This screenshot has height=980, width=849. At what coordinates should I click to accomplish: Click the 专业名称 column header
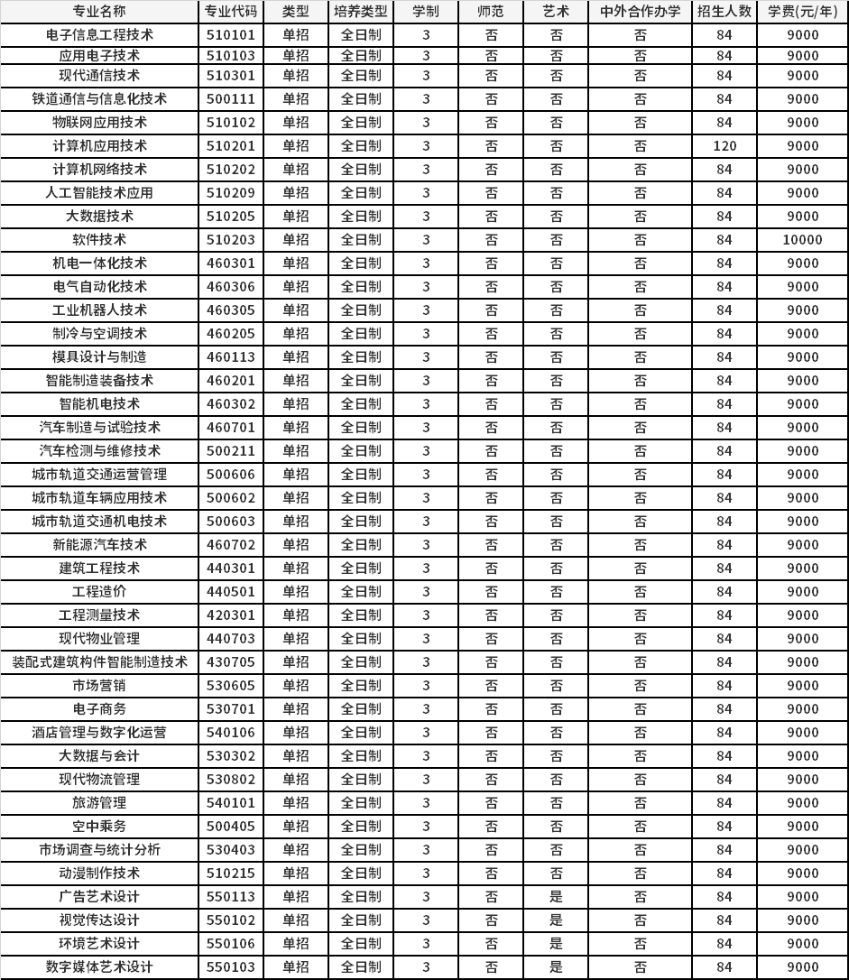click(99, 12)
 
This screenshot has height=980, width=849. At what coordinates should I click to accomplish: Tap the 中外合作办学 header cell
click(640, 12)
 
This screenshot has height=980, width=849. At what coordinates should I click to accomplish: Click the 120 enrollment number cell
click(724, 145)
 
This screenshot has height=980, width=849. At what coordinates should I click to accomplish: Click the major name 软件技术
click(99, 239)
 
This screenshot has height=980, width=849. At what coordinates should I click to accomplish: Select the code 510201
click(231, 145)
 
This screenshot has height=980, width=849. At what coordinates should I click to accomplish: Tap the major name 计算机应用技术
click(99, 145)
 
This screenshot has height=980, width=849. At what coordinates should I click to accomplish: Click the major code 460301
click(231, 263)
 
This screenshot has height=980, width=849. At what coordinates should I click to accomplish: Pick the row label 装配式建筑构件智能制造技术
click(99, 661)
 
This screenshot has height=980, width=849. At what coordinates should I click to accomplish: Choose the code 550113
click(231, 896)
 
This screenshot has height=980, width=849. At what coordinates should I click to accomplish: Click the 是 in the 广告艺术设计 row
click(556, 896)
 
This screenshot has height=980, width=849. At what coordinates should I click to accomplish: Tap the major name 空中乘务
click(99, 826)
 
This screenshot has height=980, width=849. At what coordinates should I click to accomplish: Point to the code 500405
click(231, 826)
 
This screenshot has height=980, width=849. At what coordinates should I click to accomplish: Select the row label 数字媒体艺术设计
click(99, 966)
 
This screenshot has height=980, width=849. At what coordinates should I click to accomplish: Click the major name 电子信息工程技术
click(99, 35)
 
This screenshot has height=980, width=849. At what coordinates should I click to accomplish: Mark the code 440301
click(231, 568)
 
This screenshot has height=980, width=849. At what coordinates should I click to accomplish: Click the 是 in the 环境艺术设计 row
click(556, 943)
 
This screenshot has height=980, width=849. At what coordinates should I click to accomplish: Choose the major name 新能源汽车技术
click(99, 544)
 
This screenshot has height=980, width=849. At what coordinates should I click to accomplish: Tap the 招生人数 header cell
click(724, 12)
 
